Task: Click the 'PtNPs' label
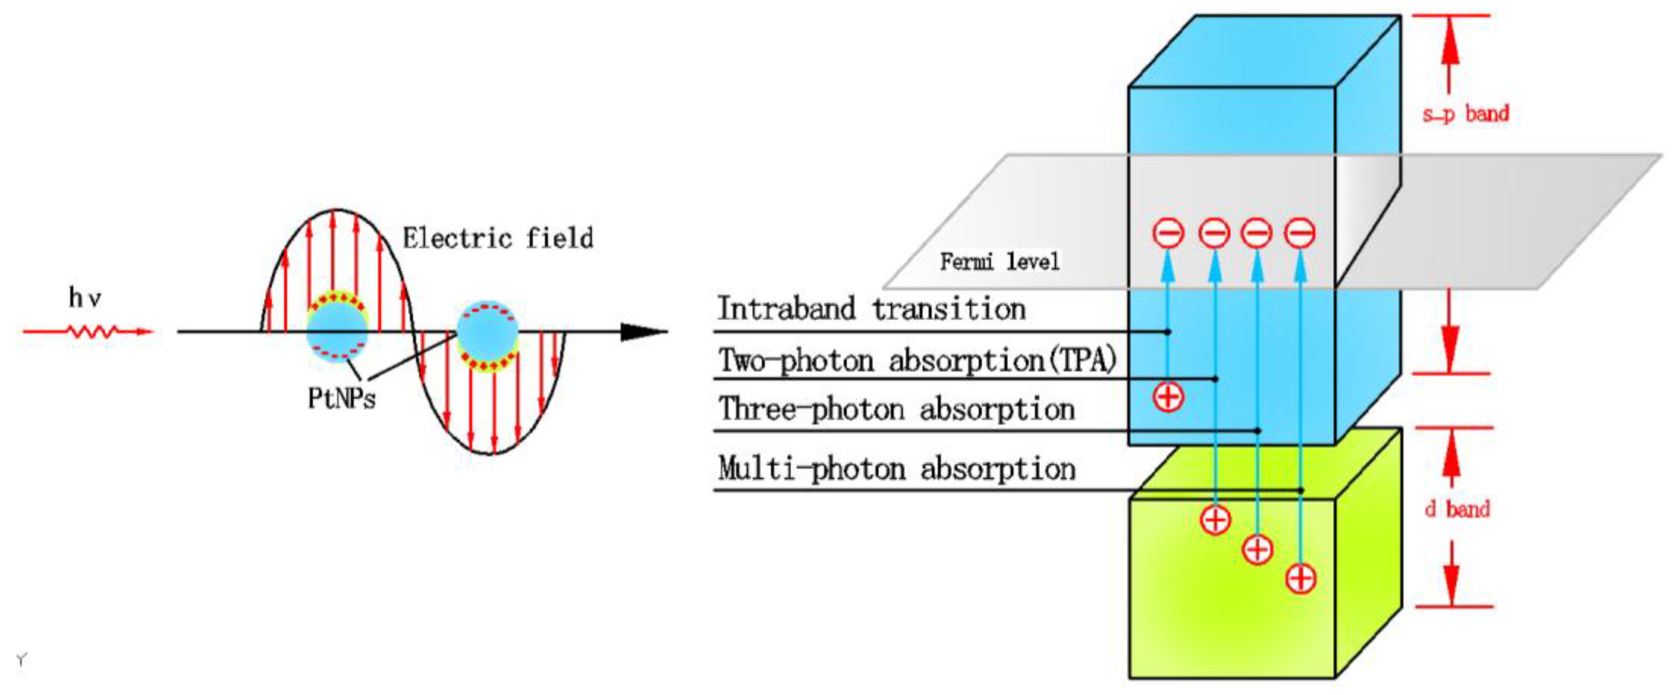[x=342, y=397]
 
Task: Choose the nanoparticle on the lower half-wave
[x=488, y=336]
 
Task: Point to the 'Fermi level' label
[x=999, y=262]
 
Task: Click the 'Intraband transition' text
[x=872, y=308]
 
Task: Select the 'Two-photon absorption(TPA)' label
[x=917, y=360]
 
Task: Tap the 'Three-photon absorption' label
[x=897, y=409]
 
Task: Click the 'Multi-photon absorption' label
[x=897, y=469]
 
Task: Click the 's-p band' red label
[x=1466, y=114]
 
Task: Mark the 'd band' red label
[x=1457, y=508]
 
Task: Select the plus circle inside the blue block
[x=1168, y=397]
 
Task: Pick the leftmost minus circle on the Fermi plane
[x=1168, y=233]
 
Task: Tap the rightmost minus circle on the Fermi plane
[x=1300, y=233]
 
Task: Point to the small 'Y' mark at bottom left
[x=21, y=661]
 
